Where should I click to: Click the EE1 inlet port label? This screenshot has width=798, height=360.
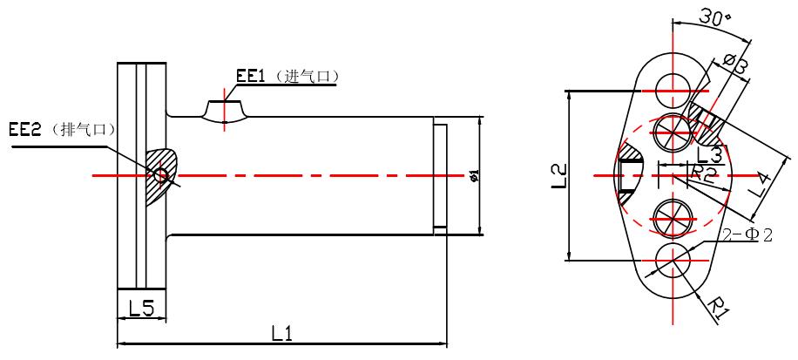pos(250,77)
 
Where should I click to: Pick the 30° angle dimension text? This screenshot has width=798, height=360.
pos(714,19)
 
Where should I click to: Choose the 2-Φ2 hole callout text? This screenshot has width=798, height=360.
pos(747,235)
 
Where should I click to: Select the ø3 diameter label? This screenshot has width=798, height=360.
pos(734,64)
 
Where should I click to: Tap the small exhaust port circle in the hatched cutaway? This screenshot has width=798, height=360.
pos(160,175)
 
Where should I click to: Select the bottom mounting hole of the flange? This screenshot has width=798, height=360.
pos(673,261)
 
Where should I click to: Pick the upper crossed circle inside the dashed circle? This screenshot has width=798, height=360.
pos(673,130)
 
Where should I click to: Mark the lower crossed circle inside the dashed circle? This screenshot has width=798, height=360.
pos(673,217)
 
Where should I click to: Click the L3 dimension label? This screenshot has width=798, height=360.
pos(710,155)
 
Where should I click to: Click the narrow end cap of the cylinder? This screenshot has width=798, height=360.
pos(440,177)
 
